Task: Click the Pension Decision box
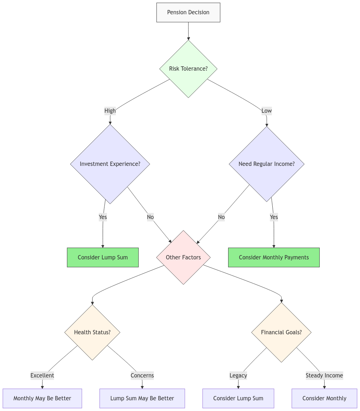click(x=188, y=12)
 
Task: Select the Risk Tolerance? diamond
click(x=188, y=68)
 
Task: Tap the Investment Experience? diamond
click(x=110, y=164)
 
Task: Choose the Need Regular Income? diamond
click(x=267, y=164)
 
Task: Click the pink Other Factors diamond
click(x=183, y=257)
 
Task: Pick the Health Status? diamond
click(x=92, y=332)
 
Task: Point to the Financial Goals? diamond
click(x=281, y=332)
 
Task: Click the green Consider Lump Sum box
click(x=103, y=257)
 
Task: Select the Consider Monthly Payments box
click(x=274, y=257)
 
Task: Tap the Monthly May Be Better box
click(x=42, y=398)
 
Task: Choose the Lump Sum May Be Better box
click(x=142, y=398)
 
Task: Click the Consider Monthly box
click(x=324, y=398)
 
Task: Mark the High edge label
click(x=110, y=111)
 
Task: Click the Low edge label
click(x=267, y=111)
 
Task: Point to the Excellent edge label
click(x=42, y=375)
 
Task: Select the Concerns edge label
click(x=142, y=375)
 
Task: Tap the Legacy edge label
click(x=238, y=375)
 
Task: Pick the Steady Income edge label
click(x=324, y=375)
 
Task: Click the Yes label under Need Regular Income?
click(x=274, y=217)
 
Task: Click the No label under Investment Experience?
click(x=150, y=217)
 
